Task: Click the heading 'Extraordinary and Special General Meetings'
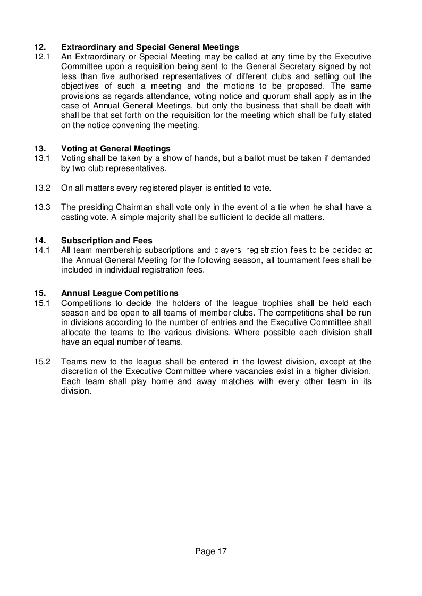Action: tap(150, 47)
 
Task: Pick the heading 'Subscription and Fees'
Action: tap(106, 241)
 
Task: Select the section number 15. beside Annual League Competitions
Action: tap(40, 293)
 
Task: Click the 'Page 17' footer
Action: tap(211, 551)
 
